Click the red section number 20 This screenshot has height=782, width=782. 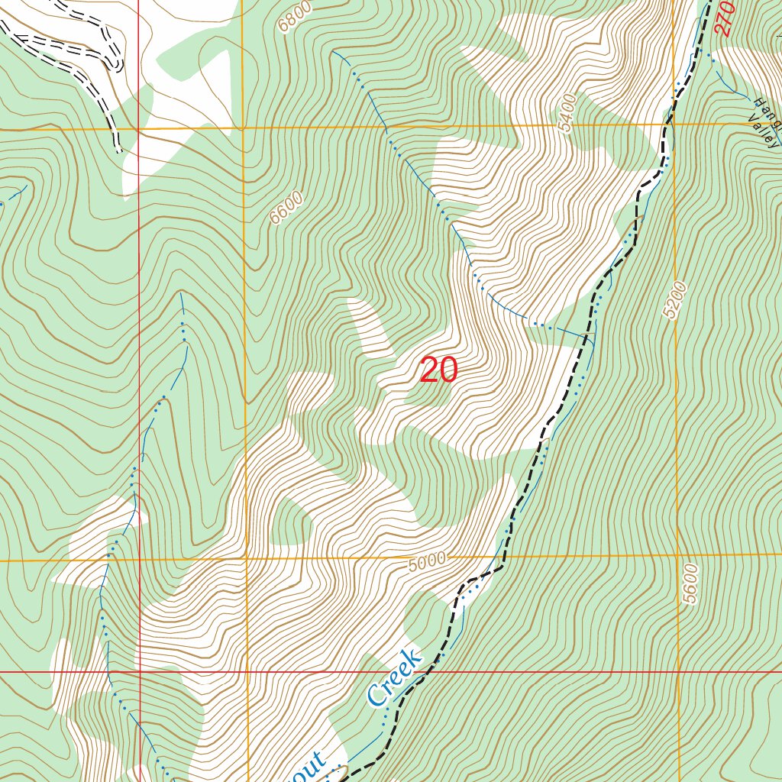(x=438, y=370)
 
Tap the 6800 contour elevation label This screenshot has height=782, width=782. (x=295, y=16)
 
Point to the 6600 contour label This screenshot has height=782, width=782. (x=286, y=208)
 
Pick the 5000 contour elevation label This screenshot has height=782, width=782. (x=426, y=564)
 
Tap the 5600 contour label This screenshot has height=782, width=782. (x=690, y=584)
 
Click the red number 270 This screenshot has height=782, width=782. (x=725, y=18)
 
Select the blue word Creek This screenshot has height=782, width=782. (x=394, y=677)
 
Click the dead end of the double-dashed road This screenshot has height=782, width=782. (x=119, y=150)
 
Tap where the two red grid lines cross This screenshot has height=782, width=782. (x=140, y=673)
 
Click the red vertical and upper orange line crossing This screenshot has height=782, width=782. (x=139, y=129)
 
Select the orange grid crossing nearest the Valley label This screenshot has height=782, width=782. (x=675, y=124)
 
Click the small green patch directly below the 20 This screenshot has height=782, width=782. (x=416, y=394)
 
